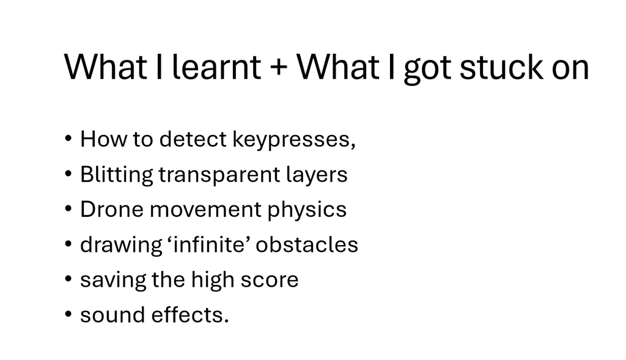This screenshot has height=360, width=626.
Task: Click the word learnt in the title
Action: point(216,67)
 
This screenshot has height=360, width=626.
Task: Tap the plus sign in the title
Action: point(279,67)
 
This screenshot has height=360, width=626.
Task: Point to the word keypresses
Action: point(293,140)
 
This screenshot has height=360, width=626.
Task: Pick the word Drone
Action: point(112,210)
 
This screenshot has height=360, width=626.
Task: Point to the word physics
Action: point(307,210)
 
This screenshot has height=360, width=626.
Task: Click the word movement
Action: point(205,210)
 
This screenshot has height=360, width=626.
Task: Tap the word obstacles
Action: point(307,244)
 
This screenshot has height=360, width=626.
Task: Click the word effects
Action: point(190,315)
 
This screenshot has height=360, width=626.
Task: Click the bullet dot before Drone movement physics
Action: point(68,209)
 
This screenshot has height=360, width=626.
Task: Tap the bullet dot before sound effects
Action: point(68,314)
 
